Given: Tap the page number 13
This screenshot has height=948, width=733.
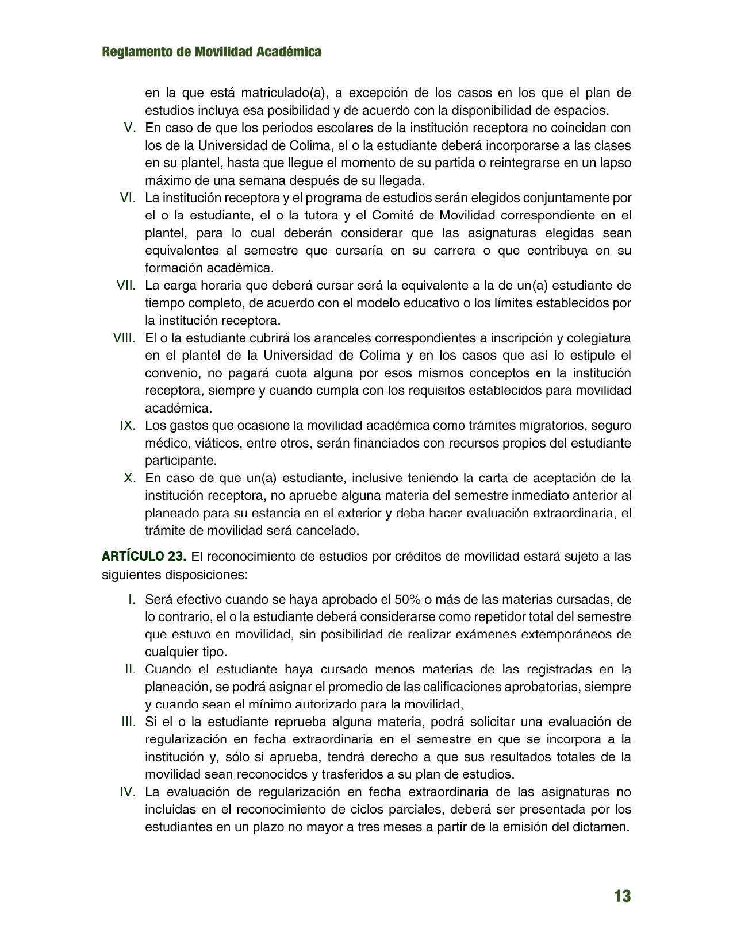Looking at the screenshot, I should (x=622, y=896).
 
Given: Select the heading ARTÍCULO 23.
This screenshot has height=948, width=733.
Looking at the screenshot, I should (x=144, y=557).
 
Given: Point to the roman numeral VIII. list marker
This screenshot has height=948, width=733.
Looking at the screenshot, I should (x=124, y=338).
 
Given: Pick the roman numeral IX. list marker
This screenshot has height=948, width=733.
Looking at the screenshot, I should (x=128, y=426).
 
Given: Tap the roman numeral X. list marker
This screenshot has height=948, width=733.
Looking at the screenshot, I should (x=130, y=478).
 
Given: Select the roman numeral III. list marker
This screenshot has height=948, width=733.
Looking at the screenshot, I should (x=129, y=722).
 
